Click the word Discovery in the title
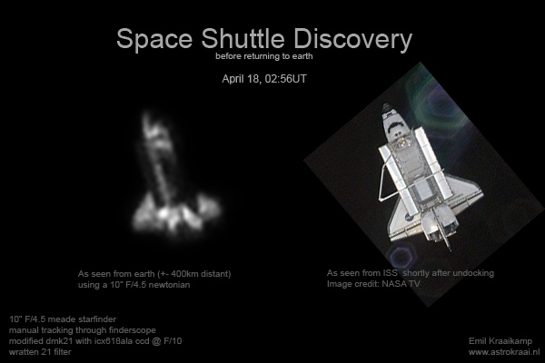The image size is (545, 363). tap(352, 39)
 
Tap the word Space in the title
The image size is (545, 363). tap(154, 39)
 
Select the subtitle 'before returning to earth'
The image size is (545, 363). tap(264, 56)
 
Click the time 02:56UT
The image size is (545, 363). tap(286, 79)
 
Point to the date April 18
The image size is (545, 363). tap(242, 79)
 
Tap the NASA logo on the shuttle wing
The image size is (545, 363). tap(409, 217)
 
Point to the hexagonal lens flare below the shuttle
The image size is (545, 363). tap(402, 255)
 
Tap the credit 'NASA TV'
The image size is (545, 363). tap(401, 284)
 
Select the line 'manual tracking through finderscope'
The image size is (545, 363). tap(83, 330)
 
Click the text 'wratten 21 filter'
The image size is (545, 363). tap(40, 352)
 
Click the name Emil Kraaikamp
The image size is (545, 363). tap(500, 341)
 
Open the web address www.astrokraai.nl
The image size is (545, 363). tap(504, 352)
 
